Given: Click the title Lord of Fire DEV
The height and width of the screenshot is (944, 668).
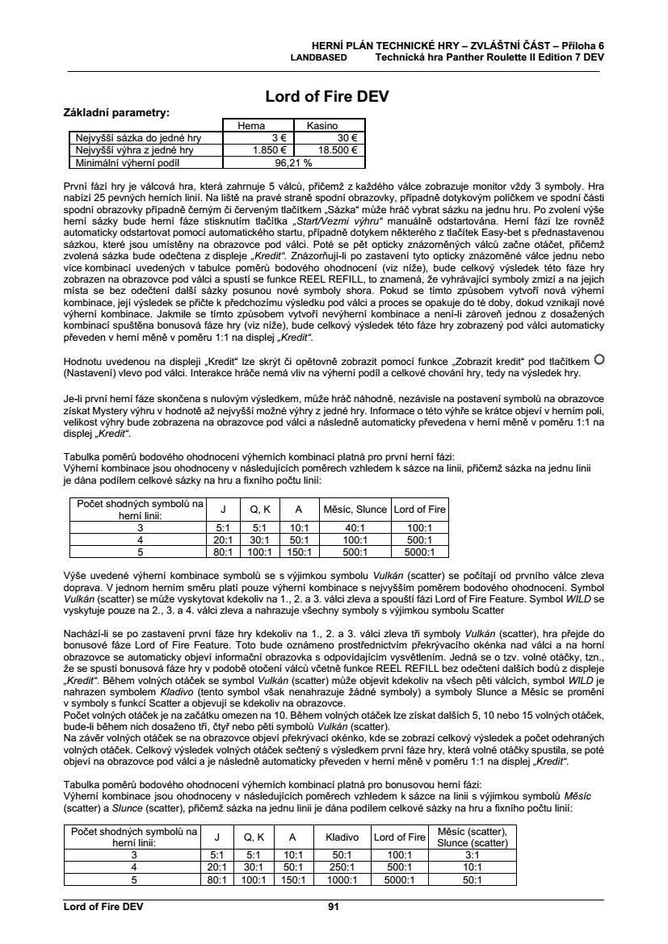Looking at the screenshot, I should [x=327, y=96].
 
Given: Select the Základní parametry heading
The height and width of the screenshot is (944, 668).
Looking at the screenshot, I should [x=116, y=112].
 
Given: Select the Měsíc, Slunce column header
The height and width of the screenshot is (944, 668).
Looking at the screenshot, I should [x=355, y=510].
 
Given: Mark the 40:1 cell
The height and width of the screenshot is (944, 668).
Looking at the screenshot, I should [x=355, y=529].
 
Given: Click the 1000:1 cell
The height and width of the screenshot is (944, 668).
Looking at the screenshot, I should [x=342, y=879].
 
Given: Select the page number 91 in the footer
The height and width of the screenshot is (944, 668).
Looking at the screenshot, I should [x=333, y=907].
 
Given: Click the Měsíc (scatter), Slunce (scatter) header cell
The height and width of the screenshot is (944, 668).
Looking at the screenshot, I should [x=473, y=837].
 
